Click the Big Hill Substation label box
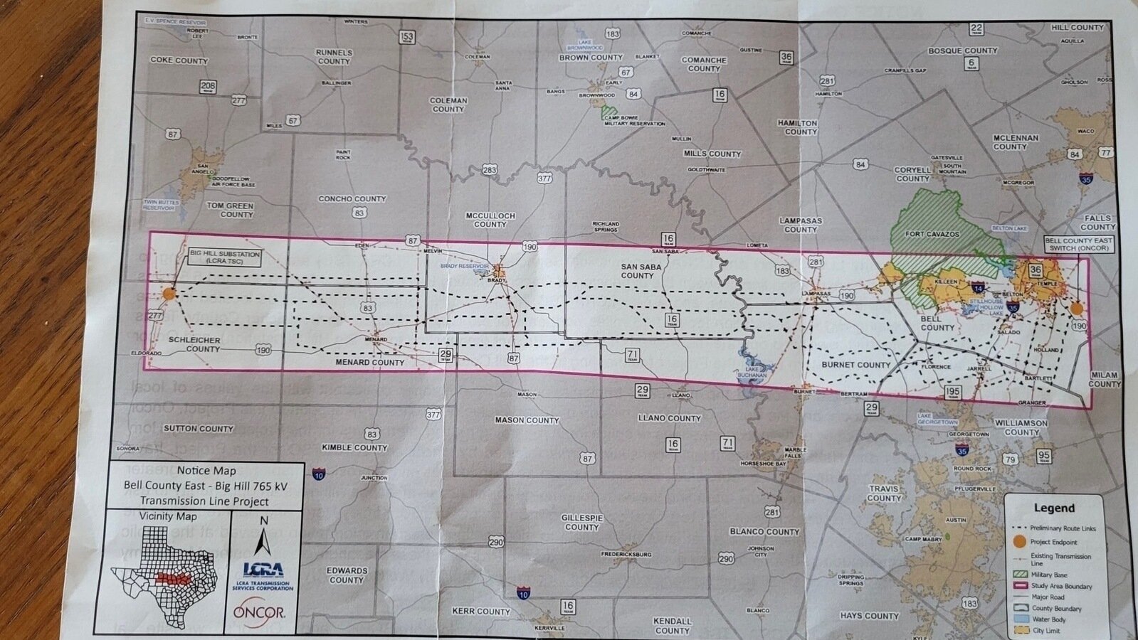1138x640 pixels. [224, 257]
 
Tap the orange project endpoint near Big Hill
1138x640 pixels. [169, 293]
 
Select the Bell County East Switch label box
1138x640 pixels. [1078, 245]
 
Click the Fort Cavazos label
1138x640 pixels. [932, 234]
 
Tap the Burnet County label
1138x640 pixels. [855, 365]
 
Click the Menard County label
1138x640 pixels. [369, 362]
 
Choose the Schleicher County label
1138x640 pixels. [194, 344]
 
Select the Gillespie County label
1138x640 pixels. [582, 522]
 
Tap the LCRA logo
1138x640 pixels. [263, 570]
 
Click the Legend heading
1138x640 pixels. [1054, 508]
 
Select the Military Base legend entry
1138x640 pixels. [1048, 575]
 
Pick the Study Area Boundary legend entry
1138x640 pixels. [1060, 586]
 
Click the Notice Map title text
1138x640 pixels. [206, 470]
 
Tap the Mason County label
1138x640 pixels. [527, 420]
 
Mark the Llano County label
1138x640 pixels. [669, 418]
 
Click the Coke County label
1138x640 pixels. [179, 60]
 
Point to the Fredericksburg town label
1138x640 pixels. [626, 554]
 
